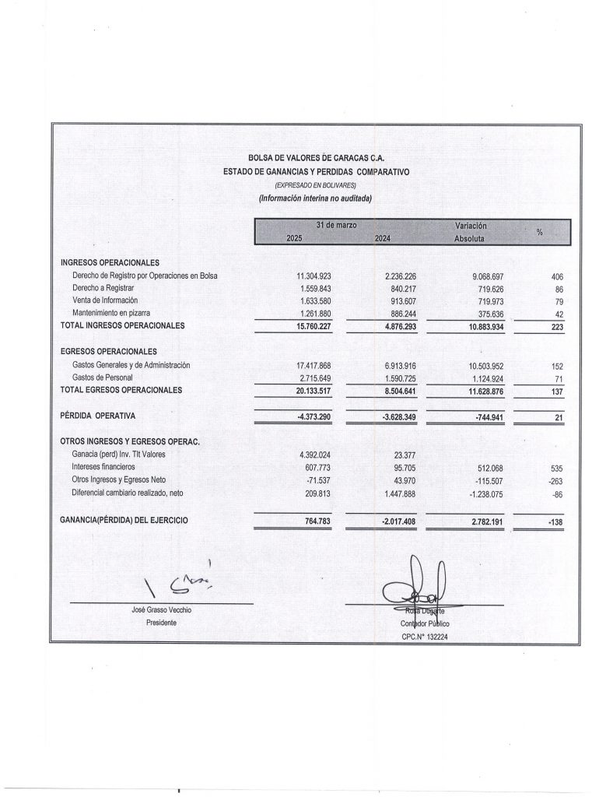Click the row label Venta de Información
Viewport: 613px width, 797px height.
[104, 300]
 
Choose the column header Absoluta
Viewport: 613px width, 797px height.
[469, 238]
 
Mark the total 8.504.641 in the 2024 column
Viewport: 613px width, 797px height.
[401, 390]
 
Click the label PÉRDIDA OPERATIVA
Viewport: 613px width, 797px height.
[98, 416]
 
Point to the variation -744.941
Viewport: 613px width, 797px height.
[488, 417]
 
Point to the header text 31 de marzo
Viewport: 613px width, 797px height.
[336, 225]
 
